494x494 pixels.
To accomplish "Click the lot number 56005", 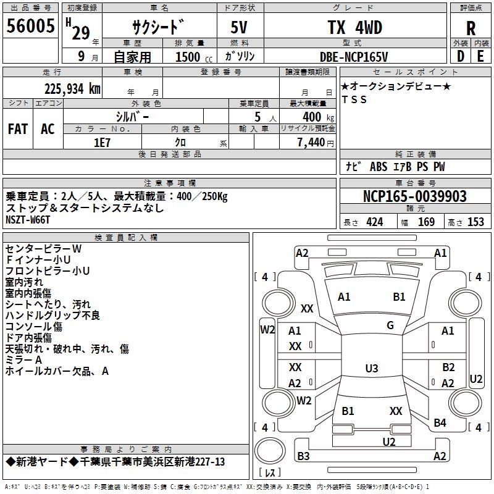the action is (31, 28).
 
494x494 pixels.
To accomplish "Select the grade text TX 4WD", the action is (354, 28).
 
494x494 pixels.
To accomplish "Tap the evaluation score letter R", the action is (471, 28).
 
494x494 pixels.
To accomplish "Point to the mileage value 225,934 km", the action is (73, 88).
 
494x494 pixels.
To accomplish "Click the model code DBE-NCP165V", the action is (354, 57).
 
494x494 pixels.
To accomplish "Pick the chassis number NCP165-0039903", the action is (415, 196).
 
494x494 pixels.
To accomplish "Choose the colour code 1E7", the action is (103, 141).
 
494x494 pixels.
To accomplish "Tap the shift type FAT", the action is (18, 128).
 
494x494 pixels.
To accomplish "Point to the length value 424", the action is (374, 222).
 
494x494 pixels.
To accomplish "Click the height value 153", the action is (475, 222).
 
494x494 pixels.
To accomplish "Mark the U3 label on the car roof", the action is (371, 369).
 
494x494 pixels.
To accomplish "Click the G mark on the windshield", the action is (390, 325).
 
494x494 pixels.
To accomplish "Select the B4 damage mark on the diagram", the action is (440, 423).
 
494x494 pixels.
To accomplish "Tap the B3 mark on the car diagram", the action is (303, 456).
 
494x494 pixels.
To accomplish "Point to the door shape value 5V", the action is (240, 28).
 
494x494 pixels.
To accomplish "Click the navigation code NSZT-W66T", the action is (28, 220).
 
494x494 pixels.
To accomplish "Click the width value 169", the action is (426, 222).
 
